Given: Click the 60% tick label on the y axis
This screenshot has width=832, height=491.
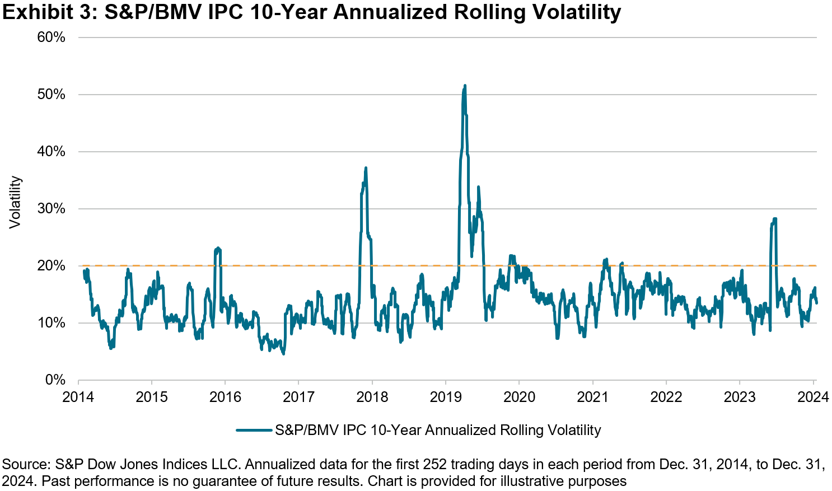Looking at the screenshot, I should tap(52, 38).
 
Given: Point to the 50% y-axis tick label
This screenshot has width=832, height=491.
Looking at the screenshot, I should tap(52, 95).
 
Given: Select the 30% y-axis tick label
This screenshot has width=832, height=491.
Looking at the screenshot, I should tap(52, 209).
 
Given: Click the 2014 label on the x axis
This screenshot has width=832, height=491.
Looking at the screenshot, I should tap(78, 397).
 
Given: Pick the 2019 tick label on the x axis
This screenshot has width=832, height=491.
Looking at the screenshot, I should tap(446, 397).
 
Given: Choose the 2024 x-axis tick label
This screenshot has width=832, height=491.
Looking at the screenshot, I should tap(813, 397).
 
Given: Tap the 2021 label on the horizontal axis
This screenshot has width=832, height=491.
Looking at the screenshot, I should tap(593, 397).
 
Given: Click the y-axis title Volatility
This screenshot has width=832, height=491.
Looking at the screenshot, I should tap(15, 203).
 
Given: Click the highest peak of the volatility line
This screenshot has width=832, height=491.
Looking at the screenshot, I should tap(465, 86).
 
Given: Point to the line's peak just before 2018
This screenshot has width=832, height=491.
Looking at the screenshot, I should tap(366, 168).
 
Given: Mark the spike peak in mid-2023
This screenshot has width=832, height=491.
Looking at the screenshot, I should tap(775, 219).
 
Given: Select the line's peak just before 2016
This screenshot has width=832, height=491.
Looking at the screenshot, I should tap(218, 248).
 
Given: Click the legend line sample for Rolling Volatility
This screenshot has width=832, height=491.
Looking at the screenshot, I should tap(254, 430).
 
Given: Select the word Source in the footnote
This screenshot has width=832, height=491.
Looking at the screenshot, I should tap(25, 464).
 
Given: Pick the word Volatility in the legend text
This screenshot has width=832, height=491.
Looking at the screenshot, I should tap(574, 430).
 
